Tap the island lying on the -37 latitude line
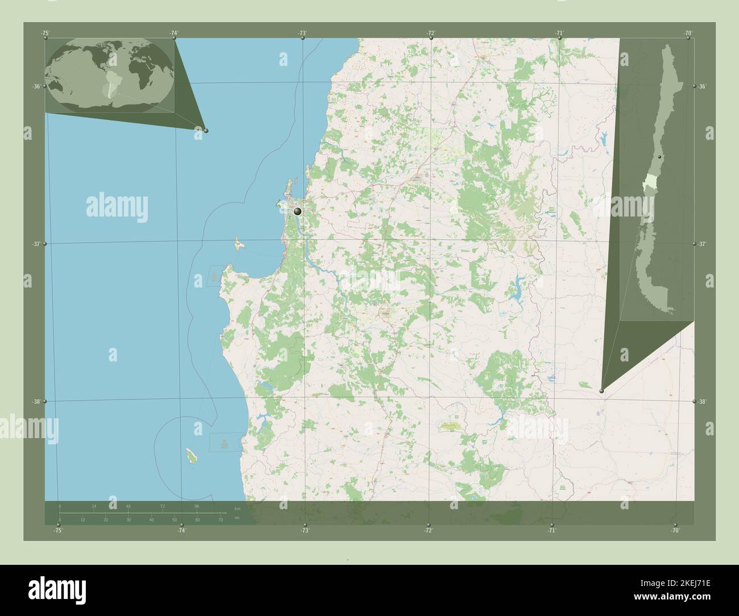234,245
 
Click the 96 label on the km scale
197,506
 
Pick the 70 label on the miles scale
220,520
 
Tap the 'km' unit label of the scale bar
237,507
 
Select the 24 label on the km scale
94,506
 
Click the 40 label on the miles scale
151,520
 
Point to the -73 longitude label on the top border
302,34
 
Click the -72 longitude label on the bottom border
428,530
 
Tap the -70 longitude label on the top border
688,34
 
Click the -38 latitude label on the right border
703,402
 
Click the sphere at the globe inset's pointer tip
206,131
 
